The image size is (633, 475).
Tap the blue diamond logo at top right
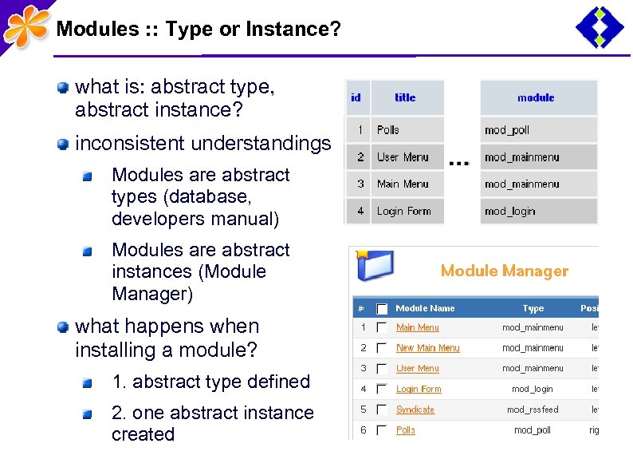pos(600,27)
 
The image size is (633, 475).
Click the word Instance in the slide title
pos(288,30)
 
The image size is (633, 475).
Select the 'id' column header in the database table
pos(356,97)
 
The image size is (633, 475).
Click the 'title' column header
pos(405,97)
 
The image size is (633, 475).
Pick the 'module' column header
pos(536,97)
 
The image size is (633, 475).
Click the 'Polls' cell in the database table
pos(388,129)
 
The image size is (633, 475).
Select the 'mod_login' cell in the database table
pos(509,212)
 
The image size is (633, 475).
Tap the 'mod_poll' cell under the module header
pos(507,130)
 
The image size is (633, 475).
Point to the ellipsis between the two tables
pos(459,163)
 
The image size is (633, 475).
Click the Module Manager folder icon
pos(374,267)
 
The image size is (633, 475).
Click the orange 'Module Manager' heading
pos(504,271)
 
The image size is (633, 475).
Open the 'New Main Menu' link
pos(427,348)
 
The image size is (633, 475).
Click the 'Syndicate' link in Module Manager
pos(415,410)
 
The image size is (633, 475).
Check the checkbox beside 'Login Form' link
pos(382,390)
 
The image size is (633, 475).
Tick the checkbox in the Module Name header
pos(382,308)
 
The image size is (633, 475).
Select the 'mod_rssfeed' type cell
pos(533,410)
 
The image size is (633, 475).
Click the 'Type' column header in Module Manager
pos(533,308)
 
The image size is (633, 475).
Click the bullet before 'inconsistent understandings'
pos(62,144)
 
